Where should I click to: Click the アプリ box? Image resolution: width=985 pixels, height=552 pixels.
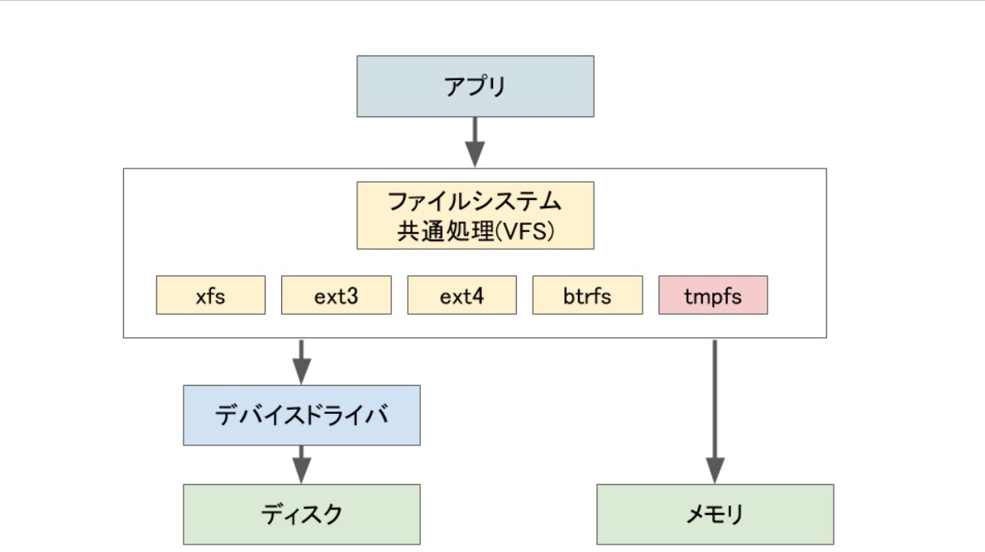coord(475,86)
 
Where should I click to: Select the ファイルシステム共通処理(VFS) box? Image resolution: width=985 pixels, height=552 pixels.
coord(475,216)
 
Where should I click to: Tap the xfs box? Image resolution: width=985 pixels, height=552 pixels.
coord(210,295)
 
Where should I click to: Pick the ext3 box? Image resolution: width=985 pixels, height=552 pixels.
coord(336,295)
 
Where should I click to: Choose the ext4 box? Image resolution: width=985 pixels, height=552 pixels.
coord(461,295)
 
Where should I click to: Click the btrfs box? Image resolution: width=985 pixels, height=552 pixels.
coord(587,295)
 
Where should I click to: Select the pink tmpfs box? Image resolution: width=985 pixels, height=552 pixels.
coord(713,295)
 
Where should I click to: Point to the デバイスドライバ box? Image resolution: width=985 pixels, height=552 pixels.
coord(302,415)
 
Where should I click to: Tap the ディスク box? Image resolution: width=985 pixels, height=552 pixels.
coord(302,514)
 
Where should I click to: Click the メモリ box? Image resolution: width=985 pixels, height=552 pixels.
coord(715,514)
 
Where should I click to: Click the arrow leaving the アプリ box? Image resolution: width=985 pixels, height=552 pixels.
coord(475,143)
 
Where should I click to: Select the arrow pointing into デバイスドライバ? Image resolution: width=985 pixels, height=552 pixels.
coord(302,362)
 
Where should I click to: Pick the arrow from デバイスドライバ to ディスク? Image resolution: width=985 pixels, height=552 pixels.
coord(302,464)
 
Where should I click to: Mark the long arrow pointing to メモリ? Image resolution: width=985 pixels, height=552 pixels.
coord(715,412)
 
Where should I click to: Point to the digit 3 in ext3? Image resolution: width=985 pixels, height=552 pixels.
coord(352,296)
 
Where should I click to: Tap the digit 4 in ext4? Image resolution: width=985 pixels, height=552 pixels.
coord(478,296)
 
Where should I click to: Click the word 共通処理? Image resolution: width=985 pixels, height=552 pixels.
coord(446,231)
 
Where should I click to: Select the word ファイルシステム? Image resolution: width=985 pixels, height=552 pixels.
coord(475,202)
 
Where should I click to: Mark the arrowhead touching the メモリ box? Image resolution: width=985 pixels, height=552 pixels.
coord(715,471)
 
